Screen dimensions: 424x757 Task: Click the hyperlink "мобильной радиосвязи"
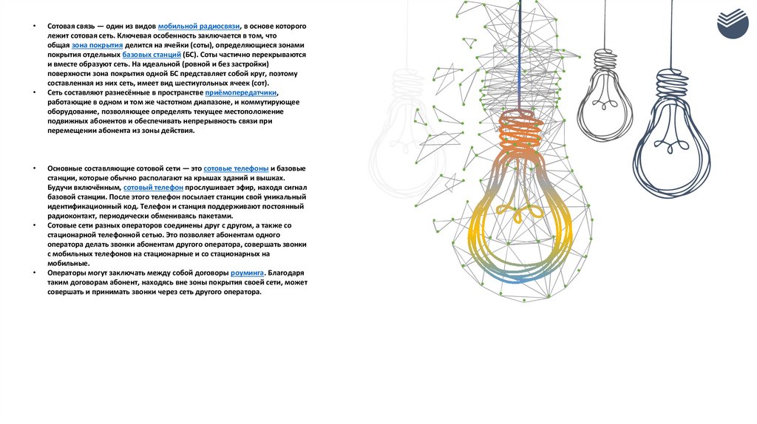[x=199, y=26]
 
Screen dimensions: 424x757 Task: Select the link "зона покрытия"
[x=97, y=45]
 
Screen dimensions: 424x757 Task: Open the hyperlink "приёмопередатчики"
[x=240, y=93]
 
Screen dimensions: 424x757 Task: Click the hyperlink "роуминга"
[x=247, y=273]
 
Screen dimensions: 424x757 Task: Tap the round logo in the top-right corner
[x=732, y=23]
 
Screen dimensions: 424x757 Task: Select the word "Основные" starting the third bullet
[x=64, y=168]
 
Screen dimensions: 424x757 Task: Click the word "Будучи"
[x=62, y=188]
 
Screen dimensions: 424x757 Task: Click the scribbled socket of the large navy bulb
[x=671, y=87]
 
